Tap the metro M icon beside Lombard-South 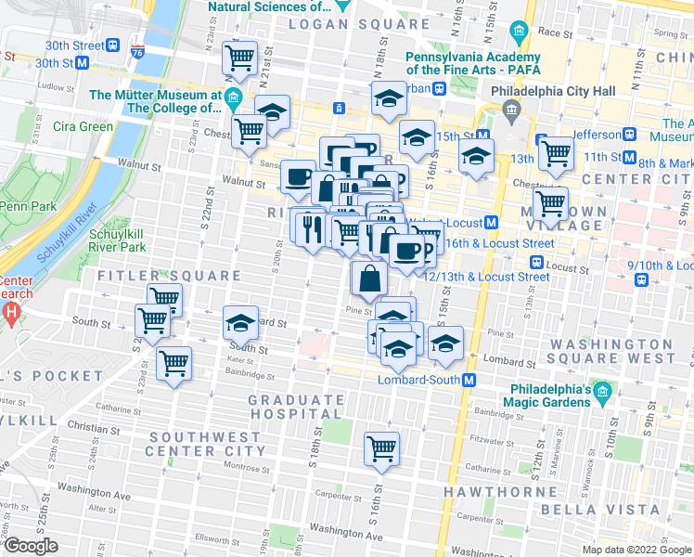coord(470,380)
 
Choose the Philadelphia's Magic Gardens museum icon coord(603,394)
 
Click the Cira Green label coord(84,126)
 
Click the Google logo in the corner coord(32,546)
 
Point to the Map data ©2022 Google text coord(636,550)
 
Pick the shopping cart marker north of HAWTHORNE coord(381,448)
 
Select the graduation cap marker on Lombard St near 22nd coord(241,323)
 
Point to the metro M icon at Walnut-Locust coord(491,223)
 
